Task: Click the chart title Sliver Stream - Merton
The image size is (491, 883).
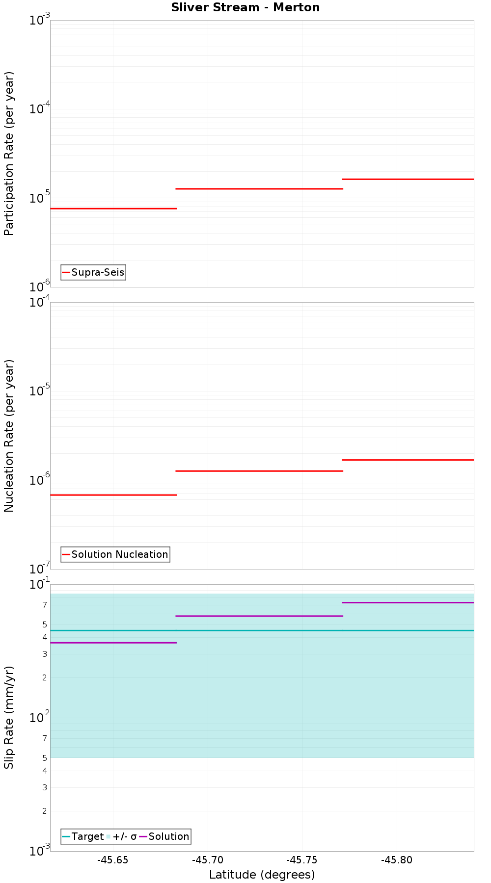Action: (x=245, y=7)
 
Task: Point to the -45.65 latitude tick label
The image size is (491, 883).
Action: (x=113, y=860)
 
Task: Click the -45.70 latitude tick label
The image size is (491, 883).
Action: (x=207, y=860)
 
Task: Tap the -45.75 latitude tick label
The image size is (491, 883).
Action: (x=302, y=860)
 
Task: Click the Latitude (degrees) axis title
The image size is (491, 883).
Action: (x=262, y=875)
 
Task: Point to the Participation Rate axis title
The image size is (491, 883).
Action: (x=9, y=154)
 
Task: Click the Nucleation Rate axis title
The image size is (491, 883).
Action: (x=9, y=436)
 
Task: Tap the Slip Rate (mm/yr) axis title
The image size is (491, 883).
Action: (x=9, y=717)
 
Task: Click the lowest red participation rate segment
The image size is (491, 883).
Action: (x=113, y=208)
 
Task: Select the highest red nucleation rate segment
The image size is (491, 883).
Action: (x=408, y=460)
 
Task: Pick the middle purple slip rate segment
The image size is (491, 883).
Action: (x=259, y=616)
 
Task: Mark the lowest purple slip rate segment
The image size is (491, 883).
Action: (x=113, y=643)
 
